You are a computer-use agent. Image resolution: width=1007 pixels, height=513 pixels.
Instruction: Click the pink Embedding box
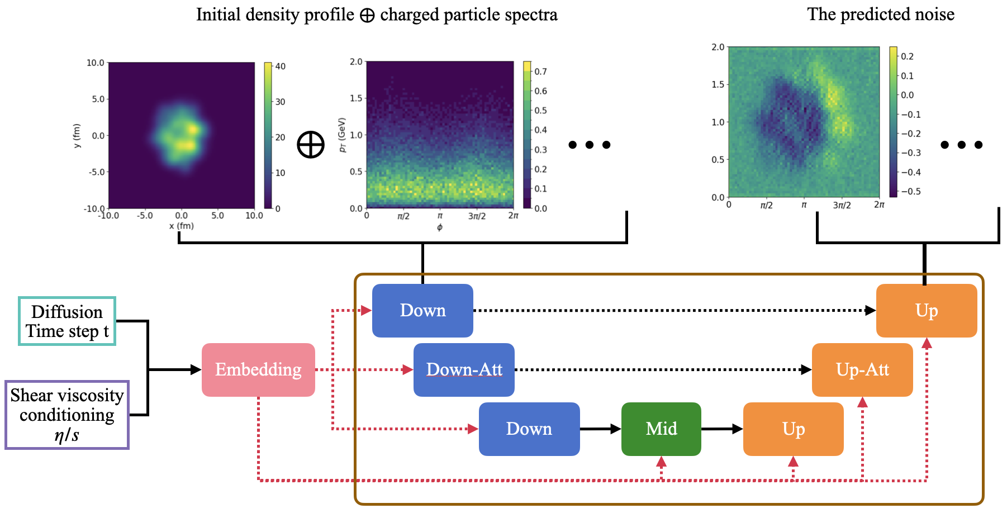tap(258, 369)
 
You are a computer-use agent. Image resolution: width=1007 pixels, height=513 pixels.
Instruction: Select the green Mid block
tap(661, 429)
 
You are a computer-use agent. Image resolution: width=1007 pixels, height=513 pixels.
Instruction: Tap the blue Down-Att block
tap(464, 369)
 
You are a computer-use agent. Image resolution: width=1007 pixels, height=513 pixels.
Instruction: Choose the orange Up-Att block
tap(862, 369)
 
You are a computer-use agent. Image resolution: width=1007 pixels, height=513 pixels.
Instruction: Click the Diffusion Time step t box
tap(67, 321)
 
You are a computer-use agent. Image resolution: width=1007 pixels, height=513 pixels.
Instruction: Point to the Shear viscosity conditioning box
tap(67, 415)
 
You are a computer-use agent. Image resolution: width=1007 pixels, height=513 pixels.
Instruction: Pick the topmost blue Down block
tap(422, 310)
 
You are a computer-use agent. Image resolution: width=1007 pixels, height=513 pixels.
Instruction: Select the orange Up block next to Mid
tap(793, 429)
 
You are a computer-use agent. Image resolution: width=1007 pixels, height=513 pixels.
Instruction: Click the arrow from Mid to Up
tap(722, 429)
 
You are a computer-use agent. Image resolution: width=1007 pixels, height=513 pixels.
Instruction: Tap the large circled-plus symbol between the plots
tap(311, 145)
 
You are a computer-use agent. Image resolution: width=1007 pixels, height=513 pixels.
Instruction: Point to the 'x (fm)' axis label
tap(181, 226)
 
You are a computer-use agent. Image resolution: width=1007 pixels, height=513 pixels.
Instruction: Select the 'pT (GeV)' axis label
tap(343, 135)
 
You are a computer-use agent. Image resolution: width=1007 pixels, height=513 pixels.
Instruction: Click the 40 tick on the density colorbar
tap(280, 66)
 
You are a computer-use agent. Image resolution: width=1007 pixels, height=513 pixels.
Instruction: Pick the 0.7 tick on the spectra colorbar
tap(540, 72)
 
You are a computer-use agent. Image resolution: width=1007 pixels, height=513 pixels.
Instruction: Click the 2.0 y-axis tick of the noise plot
tap(718, 47)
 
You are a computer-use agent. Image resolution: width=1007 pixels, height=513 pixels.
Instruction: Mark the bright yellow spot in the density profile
tap(193, 129)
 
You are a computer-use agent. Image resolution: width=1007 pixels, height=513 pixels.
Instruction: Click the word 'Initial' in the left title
tap(218, 15)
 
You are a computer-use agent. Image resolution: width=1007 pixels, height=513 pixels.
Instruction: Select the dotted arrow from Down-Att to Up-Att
tap(663, 369)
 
